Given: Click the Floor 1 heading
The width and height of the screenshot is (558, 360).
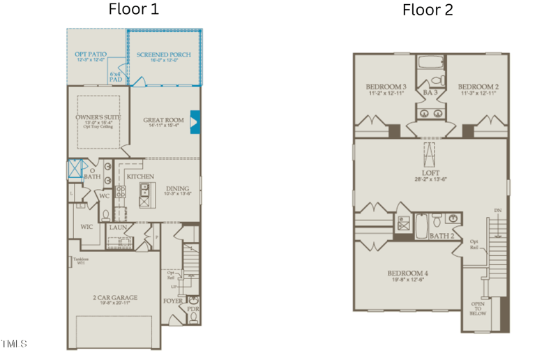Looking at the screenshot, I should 134,10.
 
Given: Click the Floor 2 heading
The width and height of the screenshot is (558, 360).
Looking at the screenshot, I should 428,10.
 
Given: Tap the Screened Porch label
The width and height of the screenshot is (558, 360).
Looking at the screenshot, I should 164,55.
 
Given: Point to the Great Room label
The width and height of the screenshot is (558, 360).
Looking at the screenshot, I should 163,121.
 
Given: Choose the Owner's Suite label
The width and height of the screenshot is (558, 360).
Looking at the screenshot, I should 98,117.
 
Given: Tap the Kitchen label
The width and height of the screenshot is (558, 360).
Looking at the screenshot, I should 140,177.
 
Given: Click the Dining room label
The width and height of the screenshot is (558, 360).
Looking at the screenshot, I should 177,188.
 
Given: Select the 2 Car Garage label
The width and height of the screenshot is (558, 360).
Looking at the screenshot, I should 115,298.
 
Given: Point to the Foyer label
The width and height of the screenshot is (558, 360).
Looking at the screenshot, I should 173,301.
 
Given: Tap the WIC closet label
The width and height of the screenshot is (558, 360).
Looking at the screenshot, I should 86,226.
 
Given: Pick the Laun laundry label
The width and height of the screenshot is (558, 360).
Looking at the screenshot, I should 116,227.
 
